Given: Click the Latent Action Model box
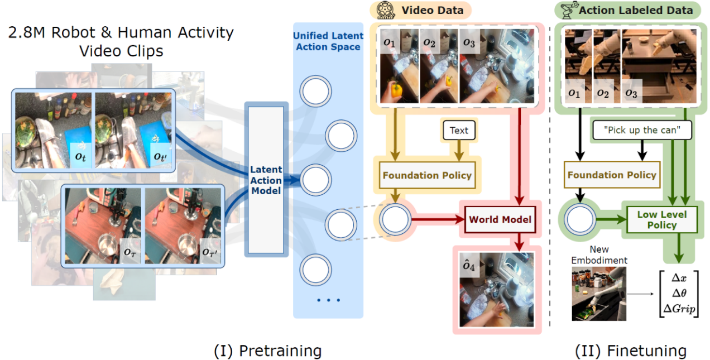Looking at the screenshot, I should click(266, 180).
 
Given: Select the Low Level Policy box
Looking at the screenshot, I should click(661, 219).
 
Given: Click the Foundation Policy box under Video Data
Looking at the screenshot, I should click(427, 175).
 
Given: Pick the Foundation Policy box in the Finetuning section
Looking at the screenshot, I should click(611, 175).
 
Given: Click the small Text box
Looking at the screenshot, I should click(459, 130).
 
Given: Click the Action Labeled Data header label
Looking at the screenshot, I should click(636, 9).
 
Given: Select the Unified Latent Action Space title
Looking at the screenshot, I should click(328, 41).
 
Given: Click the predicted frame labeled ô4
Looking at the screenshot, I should click(497, 290).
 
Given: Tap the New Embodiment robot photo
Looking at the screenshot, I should click(598, 294).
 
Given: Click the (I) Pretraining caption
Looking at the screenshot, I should click(268, 351).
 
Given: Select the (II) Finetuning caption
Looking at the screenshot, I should click(631, 351).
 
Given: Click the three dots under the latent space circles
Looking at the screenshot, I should click(328, 301).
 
